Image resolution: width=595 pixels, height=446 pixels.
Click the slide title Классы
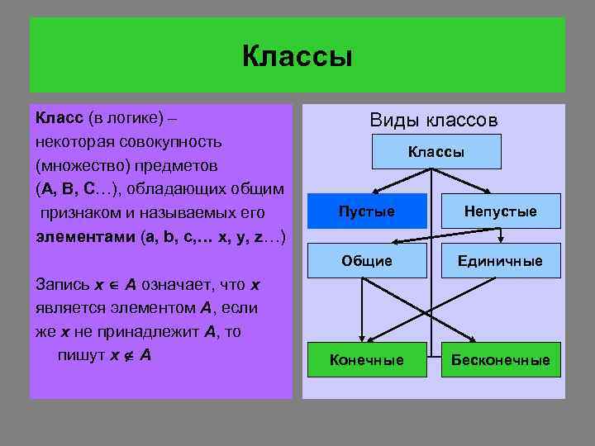(297, 57)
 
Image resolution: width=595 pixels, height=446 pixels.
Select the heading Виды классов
(433, 121)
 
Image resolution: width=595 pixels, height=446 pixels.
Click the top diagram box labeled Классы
(436, 152)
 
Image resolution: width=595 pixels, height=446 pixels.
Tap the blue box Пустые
(367, 211)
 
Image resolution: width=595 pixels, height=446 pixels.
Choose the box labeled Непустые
(500, 211)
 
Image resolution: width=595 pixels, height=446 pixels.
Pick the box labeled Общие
(367, 261)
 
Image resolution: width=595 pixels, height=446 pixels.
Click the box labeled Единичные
(500, 261)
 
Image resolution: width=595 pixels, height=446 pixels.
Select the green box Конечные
(367, 360)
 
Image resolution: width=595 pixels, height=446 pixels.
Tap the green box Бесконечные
(500, 360)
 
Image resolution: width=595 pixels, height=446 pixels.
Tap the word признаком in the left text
(80, 213)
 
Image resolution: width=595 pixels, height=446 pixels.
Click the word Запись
(63, 284)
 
